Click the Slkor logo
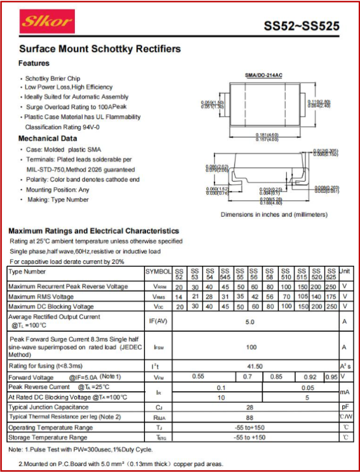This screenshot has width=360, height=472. [47, 22]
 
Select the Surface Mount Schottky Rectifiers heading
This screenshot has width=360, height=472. [100, 49]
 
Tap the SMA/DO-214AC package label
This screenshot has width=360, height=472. [263, 75]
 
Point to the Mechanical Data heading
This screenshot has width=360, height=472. [48, 138]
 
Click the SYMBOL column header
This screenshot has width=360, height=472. [158, 272]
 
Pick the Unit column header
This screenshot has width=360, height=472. [345, 272]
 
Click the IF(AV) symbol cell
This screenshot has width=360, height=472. [158, 322]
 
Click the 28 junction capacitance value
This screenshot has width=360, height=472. [250, 407]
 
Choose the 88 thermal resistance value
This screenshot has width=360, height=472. [250, 417]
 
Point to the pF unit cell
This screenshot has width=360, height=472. [345, 407]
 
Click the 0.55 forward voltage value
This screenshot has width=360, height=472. [198, 377]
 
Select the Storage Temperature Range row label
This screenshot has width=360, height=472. [48, 438]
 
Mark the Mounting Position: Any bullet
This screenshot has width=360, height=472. [58, 190]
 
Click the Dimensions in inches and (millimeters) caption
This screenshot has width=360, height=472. [274, 214]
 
